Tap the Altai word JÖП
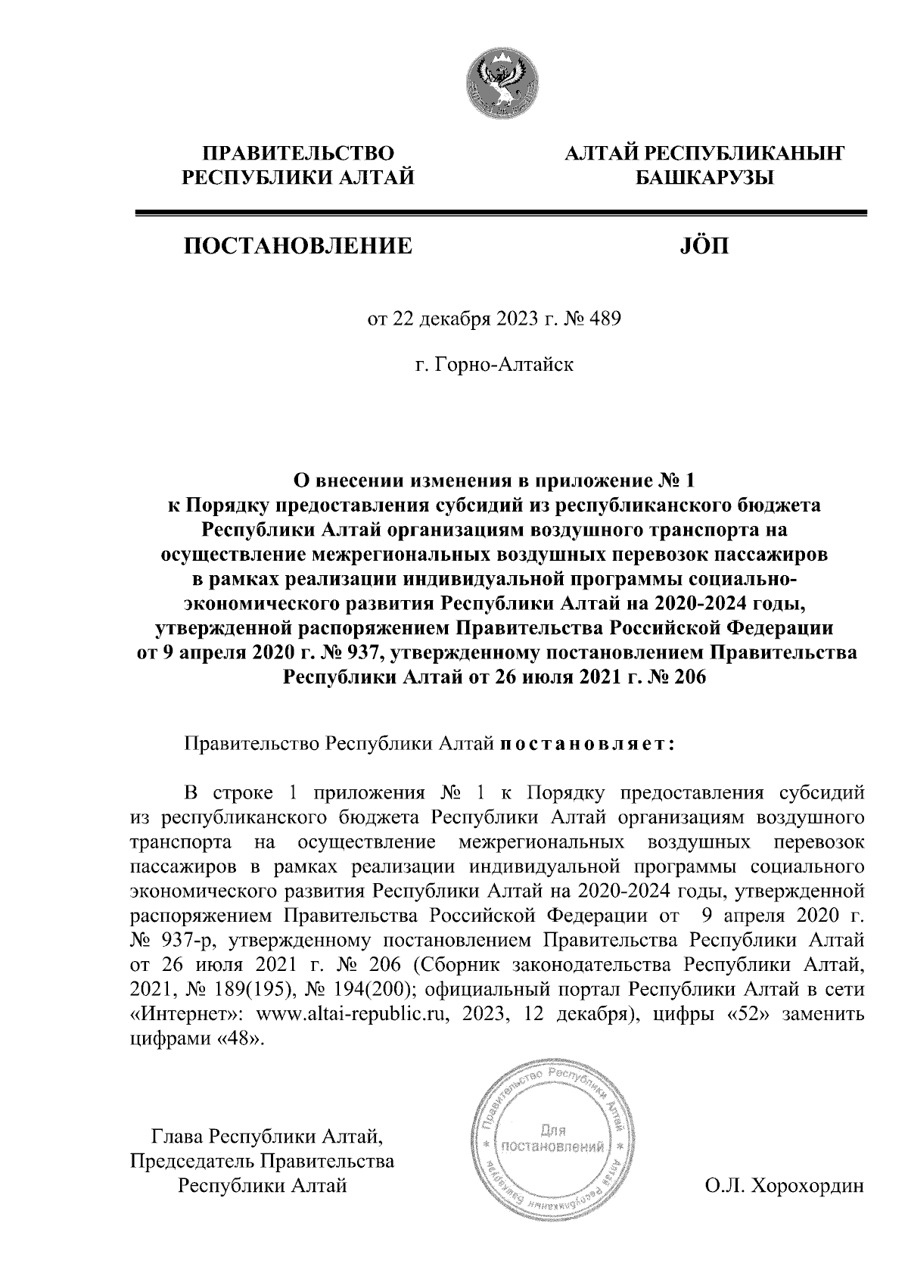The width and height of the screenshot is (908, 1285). [x=699, y=245]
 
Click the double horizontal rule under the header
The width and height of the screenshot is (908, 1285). [x=499, y=215]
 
